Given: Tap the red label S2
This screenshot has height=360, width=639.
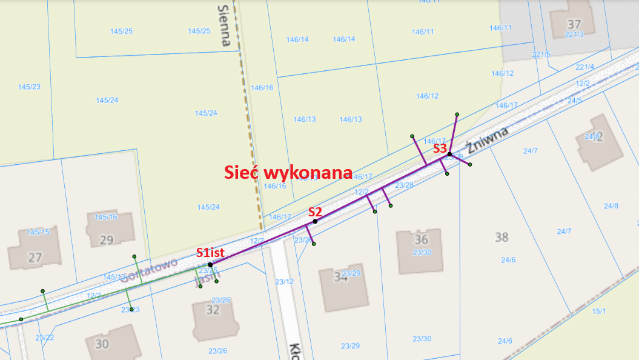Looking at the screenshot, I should click(x=315, y=212).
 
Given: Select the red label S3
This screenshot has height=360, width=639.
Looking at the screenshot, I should click(x=440, y=148).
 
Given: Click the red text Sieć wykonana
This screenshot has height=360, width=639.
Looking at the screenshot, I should click(x=288, y=172).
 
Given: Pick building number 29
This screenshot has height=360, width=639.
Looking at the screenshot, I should click(x=106, y=240).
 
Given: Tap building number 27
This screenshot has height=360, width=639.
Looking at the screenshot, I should click(x=35, y=258).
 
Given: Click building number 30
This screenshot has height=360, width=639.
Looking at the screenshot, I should click(x=102, y=344).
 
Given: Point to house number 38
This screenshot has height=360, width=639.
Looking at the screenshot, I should click(x=502, y=237).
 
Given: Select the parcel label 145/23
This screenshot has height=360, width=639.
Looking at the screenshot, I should click(x=29, y=87).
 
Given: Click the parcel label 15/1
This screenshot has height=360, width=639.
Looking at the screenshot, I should click(x=599, y=311).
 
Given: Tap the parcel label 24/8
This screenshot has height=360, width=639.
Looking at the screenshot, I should click(x=611, y=206).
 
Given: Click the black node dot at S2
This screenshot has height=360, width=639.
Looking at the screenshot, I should click(x=315, y=221).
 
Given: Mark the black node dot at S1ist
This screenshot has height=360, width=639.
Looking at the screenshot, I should click(x=210, y=265).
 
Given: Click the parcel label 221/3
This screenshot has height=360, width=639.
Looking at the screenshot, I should click(x=574, y=35).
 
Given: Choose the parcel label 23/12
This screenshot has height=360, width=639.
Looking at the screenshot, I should click(x=284, y=281).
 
